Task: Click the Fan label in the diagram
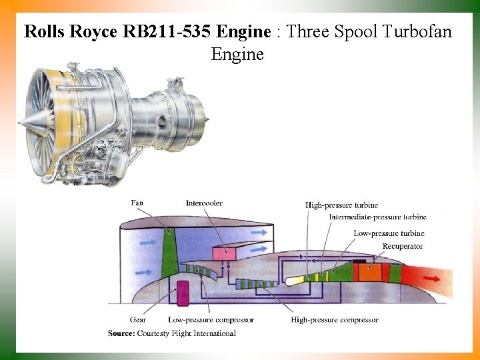137,203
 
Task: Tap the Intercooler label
204,203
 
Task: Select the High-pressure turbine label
341,205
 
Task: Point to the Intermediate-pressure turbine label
377,217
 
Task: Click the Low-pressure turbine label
389,233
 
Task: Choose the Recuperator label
403,246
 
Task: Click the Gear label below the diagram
138,320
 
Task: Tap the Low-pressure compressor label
211,320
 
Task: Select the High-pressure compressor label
335,320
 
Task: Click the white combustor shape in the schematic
294,281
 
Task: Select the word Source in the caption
121,333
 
